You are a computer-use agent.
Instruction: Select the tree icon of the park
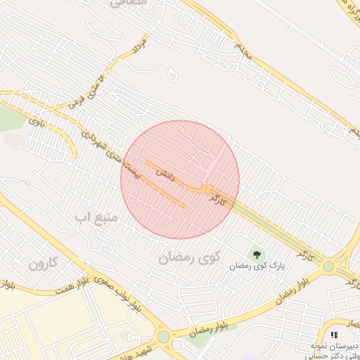(256, 253)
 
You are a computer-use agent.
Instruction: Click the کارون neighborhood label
(43, 265)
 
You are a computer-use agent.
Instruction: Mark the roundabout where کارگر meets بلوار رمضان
(328, 266)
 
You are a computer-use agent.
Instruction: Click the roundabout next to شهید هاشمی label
(164, 337)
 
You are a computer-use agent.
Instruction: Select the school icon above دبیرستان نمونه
(333, 335)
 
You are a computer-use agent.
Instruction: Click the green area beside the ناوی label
(10, 120)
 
